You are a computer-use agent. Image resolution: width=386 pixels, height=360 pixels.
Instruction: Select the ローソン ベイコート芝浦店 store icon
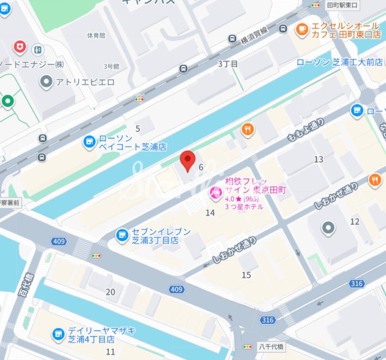point(88,141)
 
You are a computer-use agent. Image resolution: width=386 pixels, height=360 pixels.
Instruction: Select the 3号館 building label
point(110,67)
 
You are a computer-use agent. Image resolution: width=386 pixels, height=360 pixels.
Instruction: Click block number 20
point(110,291)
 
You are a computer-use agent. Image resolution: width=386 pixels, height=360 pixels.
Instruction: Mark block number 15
point(246,275)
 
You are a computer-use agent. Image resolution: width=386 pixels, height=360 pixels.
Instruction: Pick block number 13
point(318,159)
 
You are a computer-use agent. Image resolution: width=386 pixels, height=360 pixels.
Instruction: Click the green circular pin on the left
point(7,102)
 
